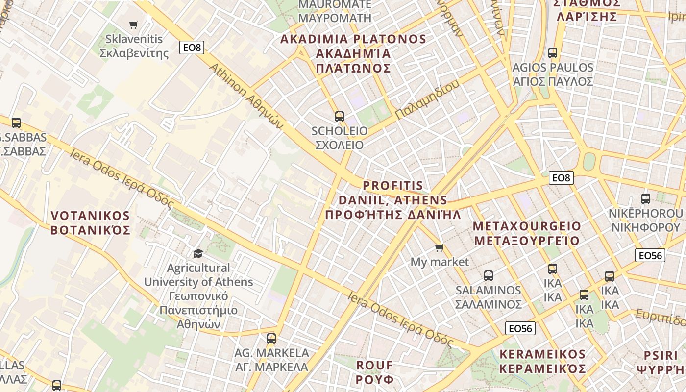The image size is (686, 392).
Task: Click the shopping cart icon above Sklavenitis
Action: click(x=133, y=24)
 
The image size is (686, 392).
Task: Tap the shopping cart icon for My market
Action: click(x=440, y=248)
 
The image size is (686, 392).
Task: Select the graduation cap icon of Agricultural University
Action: click(x=198, y=253)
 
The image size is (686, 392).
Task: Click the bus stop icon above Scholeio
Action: click(x=339, y=117)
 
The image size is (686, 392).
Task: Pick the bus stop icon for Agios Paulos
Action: click(x=553, y=52)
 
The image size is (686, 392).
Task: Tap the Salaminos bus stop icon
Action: click(x=488, y=275)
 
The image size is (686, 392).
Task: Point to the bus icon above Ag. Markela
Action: click(x=271, y=338)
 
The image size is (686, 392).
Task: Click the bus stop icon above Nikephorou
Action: click(x=645, y=199)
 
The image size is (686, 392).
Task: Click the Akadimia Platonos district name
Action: click(x=353, y=53)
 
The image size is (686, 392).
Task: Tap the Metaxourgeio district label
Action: click(x=527, y=233)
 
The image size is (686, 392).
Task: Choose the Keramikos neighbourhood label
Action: click(x=542, y=361)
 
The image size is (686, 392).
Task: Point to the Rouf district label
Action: click(x=375, y=372)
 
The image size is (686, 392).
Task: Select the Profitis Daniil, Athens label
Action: click(x=393, y=200)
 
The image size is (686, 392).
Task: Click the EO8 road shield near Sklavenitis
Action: click(x=192, y=48)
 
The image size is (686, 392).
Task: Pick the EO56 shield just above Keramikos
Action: click(x=520, y=328)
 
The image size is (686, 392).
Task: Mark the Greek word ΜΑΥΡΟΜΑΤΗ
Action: click(x=335, y=18)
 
